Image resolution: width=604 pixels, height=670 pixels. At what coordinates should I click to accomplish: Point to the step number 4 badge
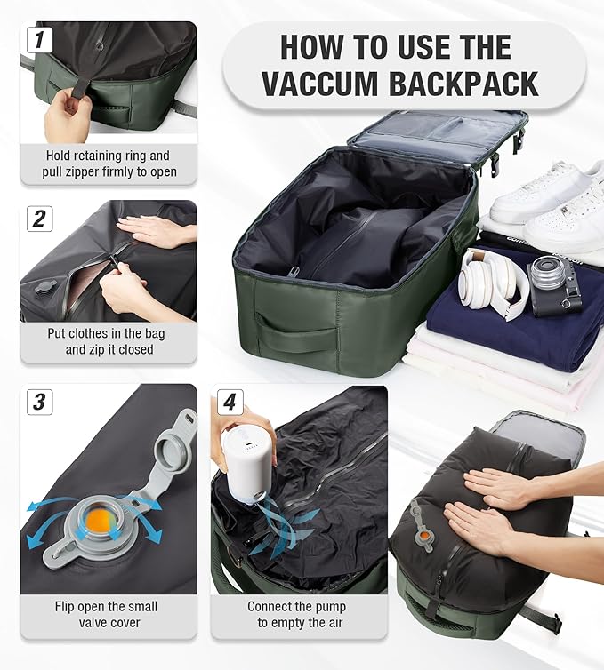[230, 402]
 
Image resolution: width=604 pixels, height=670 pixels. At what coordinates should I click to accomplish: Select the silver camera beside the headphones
[556, 285]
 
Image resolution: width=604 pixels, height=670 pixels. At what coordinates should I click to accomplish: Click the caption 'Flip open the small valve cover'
[108, 615]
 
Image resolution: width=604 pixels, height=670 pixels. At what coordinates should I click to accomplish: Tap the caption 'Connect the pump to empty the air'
[299, 615]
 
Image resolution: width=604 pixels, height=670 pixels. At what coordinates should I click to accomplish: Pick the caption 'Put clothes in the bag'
[108, 334]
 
